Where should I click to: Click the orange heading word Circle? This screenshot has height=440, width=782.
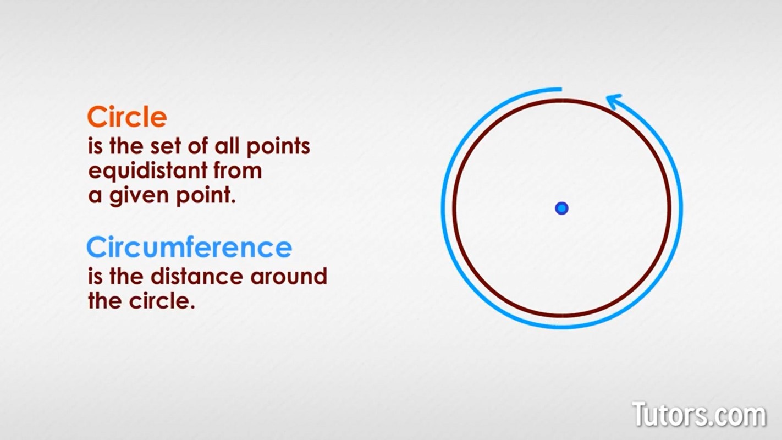[x=127, y=117]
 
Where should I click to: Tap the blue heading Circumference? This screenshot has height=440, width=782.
[x=189, y=248]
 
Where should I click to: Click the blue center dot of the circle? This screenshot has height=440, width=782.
[x=561, y=208]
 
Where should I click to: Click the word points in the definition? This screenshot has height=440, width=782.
[x=278, y=147]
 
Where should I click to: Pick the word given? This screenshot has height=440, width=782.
[x=139, y=196]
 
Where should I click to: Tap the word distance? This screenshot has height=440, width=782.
[x=197, y=276]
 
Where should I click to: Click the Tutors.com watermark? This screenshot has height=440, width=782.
[x=700, y=415]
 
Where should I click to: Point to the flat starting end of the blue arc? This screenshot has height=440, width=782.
[x=561, y=89]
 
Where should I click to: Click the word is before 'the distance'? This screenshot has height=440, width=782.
[x=95, y=276]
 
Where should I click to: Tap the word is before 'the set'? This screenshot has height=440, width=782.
[x=95, y=146]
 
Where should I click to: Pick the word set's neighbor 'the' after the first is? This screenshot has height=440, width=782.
[x=126, y=146]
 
